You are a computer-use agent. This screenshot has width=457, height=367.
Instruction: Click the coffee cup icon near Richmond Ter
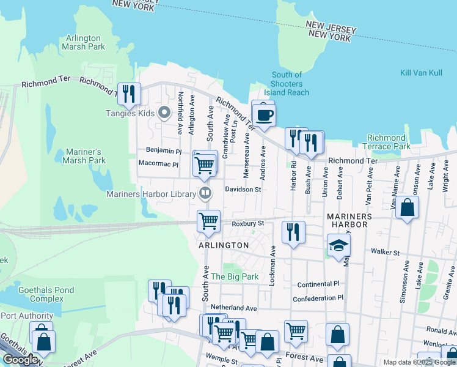pos(263,115)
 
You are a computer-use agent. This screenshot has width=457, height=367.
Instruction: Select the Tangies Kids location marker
pos(164,113)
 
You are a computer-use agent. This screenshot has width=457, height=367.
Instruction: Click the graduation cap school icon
pos(338,245)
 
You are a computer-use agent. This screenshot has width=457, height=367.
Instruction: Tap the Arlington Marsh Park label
pos(83,42)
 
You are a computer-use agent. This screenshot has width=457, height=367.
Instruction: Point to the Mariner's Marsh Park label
pos(84,156)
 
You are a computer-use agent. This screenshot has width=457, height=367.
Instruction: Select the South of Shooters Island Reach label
pos(287,84)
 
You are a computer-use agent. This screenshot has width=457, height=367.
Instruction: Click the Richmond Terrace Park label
pos(390,142)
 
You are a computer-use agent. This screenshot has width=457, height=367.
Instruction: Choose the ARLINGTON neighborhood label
pos(223,245)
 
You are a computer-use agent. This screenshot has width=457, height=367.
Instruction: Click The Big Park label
pos(235,276)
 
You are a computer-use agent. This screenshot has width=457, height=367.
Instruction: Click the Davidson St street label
pos(243,190)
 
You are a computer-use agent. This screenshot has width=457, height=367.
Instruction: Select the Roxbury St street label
pos(247,224)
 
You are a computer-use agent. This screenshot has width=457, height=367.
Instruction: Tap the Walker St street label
pos(385,252)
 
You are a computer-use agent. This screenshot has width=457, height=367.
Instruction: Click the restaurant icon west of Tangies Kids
pos(129,94)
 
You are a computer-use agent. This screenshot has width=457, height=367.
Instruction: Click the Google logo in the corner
pos(21,360)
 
